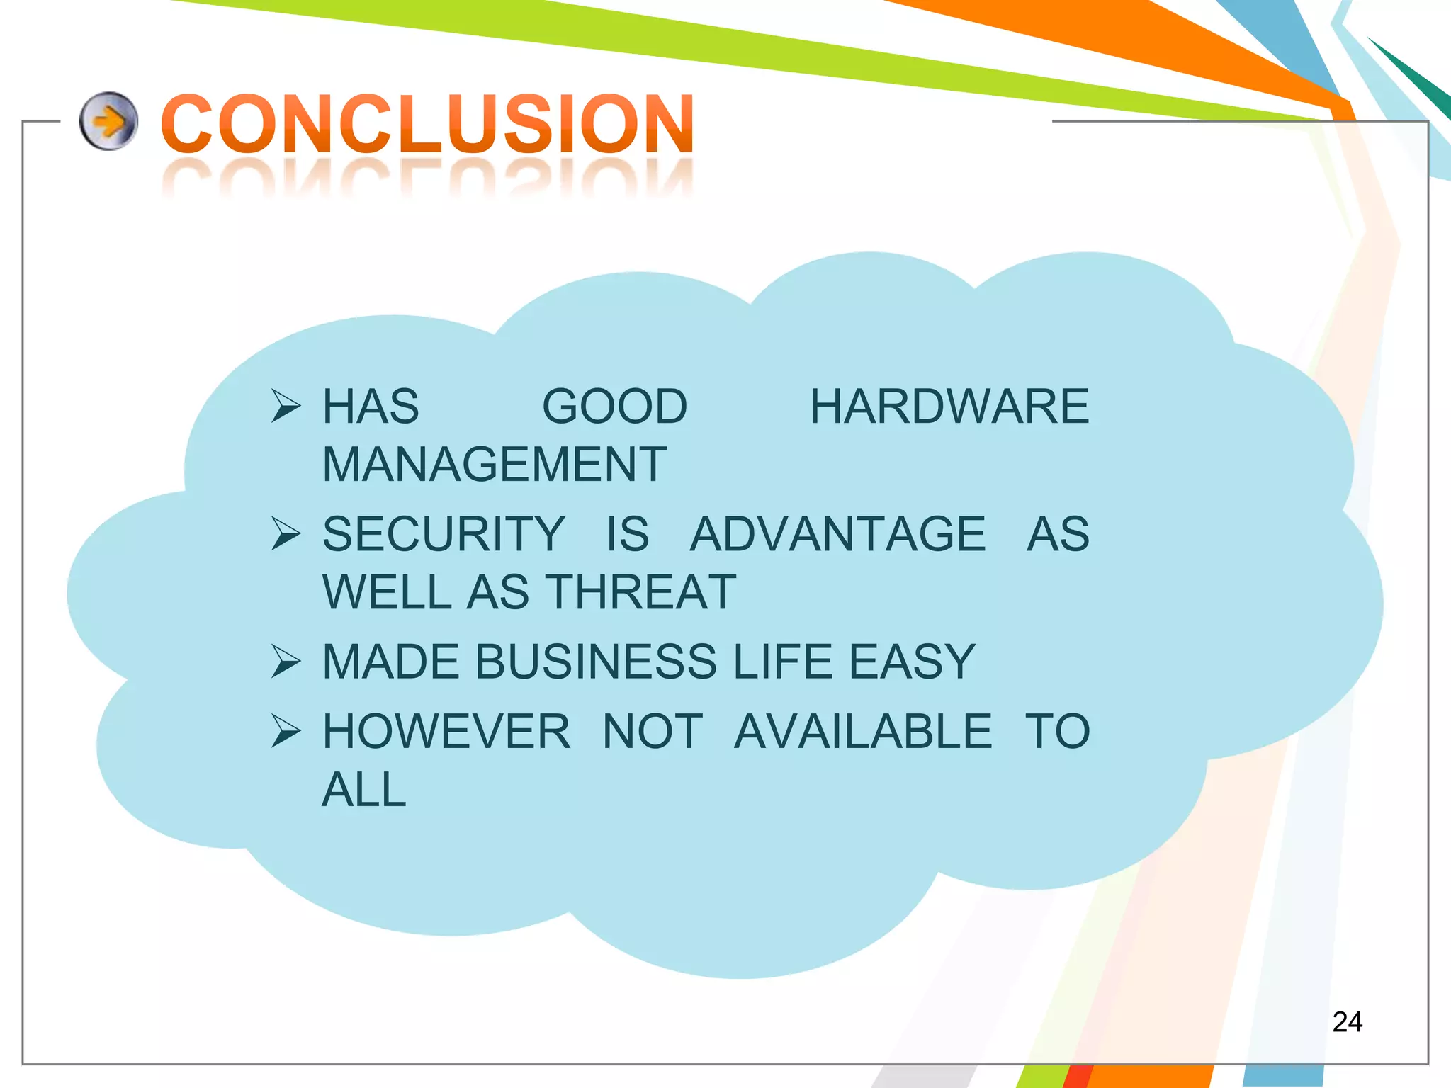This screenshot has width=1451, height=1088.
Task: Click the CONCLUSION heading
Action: click(x=427, y=125)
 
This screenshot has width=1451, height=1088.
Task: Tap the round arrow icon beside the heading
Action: click(x=108, y=121)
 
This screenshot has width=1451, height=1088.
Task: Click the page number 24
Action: click(x=1347, y=1022)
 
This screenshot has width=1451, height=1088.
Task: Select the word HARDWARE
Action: click(x=949, y=407)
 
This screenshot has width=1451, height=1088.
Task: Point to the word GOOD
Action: click(x=614, y=407)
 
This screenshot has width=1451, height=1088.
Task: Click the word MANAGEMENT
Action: click(x=495, y=465)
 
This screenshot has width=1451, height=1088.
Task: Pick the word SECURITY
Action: click(x=444, y=534)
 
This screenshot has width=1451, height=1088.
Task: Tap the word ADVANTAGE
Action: click(x=837, y=534)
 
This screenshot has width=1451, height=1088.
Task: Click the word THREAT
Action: click(x=642, y=592)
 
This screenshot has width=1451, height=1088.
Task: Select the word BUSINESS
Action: click(x=597, y=662)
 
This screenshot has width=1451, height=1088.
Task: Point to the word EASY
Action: click(x=912, y=662)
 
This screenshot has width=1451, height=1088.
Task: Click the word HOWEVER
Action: click(x=446, y=732)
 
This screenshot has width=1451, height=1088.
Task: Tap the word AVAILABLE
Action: click(x=862, y=732)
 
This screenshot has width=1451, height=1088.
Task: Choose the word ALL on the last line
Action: click(x=364, y=790)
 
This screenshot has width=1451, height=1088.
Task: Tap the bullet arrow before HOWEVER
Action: click(x=286, y=732)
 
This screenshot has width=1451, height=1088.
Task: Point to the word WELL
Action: click(x=386, y=592)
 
